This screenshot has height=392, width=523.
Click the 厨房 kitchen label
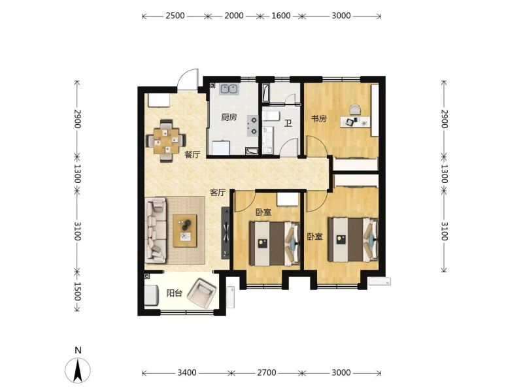[x=229, y=118]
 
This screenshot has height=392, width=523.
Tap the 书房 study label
[x=319, y=119]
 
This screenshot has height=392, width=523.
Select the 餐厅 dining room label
[x=192, y=155]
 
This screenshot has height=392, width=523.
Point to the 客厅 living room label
[x=218, y=193]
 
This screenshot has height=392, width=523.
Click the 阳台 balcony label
[x=175, y=293]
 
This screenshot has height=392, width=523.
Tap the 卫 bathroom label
[x=288, y=123]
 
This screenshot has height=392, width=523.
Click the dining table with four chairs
[x=166, y=140]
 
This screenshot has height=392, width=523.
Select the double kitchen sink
[x=229, y=89]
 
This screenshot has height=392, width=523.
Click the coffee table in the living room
[x=185, y=231]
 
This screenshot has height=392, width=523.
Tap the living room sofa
[x=156, y=230]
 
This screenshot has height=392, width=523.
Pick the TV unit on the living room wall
[x=226, y=233]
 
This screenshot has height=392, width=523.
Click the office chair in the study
[x=355, y=110]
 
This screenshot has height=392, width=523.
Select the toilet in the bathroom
[x=271, y=116]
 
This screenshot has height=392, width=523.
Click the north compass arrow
[x=78, y=370]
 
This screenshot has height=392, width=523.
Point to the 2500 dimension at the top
[x=175, y=16]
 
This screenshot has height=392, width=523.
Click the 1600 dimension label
[x=281, y=16]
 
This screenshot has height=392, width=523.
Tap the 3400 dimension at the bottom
[x=187, y=372]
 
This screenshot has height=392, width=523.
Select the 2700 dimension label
[x=267, y=372]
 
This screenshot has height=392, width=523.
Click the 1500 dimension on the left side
[x=77, y=291]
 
